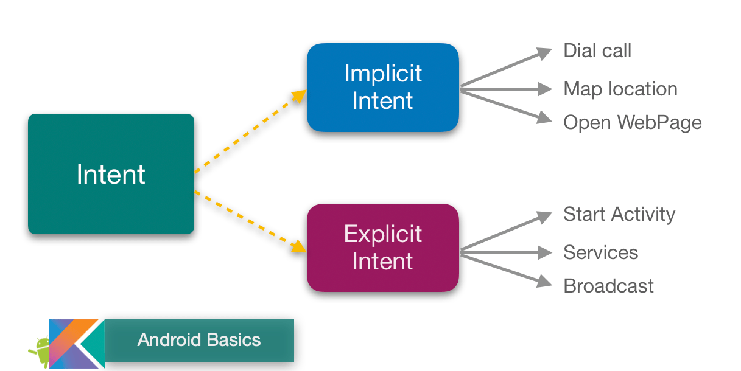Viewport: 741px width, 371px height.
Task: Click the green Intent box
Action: click(111, 174)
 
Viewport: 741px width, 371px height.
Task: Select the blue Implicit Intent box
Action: click(382, 88)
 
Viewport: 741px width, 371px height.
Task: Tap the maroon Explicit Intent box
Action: click(382, 248)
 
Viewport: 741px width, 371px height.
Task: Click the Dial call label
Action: click(597, 50)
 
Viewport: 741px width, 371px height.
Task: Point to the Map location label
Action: click(620, 89)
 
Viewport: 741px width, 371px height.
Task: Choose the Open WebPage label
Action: click(632, 122)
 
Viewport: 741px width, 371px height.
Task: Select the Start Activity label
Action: click(619, 214)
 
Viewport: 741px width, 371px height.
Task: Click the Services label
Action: click(600, 252)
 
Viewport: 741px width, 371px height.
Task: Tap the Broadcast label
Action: click(608, 286)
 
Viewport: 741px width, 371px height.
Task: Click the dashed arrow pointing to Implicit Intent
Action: click(250, 132)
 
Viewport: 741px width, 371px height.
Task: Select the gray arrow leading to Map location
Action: click(505, 89)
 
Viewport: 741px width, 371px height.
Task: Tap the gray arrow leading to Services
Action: click(505, 251)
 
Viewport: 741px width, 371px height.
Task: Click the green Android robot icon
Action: click(40, 351)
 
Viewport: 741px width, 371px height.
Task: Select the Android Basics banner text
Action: click(199, 340)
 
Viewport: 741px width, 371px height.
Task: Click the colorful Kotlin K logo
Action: click(76, 344)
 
